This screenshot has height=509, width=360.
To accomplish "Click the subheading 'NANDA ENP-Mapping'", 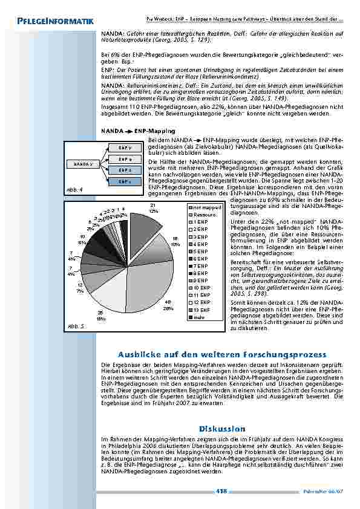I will click(x=139, y=131).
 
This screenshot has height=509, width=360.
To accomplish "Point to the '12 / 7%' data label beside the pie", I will click(x=80, y=288).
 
